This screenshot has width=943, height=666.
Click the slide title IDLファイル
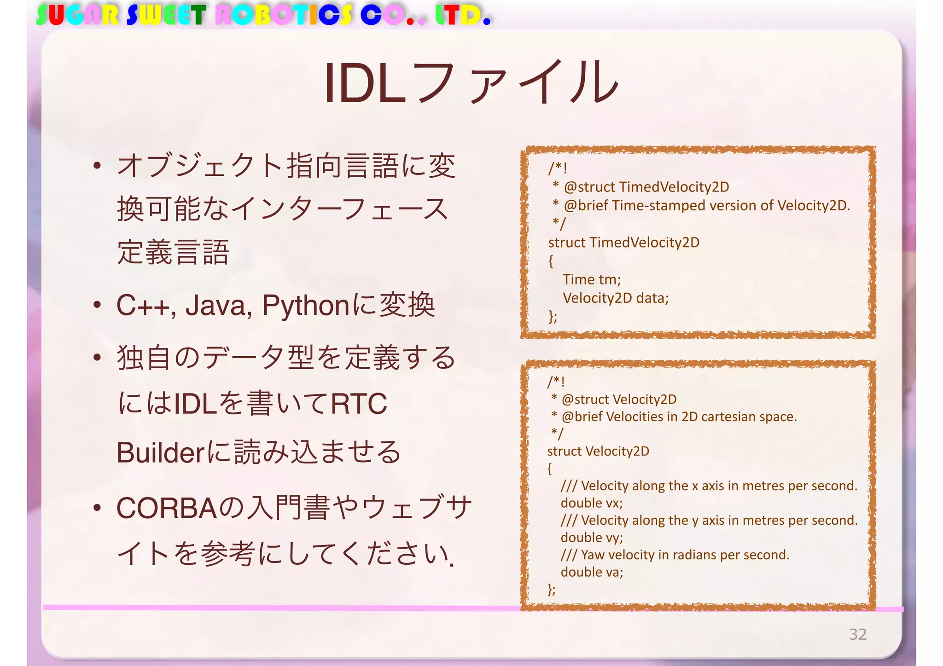click(x=471, y=83)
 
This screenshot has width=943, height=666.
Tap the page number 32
click(x=857, y=634)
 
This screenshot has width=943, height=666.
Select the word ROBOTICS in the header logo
click(x=284, y=15)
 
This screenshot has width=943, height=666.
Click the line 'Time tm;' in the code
click(x=591, y=279)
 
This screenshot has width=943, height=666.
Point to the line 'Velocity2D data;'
click(x=615, y=298)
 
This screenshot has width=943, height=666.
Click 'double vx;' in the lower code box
click(x=591, y=503)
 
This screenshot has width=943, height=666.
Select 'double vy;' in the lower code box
click(x=591, y=538)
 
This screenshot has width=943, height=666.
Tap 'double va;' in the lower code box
click(x=591, y=572)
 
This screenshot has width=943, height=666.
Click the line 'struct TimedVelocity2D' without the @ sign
click(x=623, y=243)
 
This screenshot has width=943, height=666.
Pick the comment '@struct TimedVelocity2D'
click(x=646, y=187)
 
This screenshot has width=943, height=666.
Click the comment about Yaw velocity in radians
click(x=675, y=555)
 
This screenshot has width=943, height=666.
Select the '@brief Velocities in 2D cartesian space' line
click(x=679, y=417)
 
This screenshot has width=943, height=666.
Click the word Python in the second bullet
click(x=305, y=306)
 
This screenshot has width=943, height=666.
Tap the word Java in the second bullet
click(x=218, y=306)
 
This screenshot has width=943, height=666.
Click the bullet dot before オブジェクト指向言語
click(x=97, y=166)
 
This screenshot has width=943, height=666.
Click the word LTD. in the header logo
click(x=462, y=15)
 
